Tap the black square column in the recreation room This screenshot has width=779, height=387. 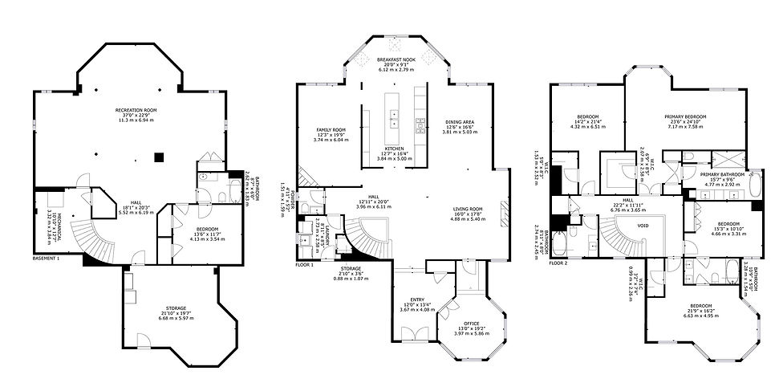point(160,157)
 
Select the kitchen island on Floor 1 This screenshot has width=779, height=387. point(394,111)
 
